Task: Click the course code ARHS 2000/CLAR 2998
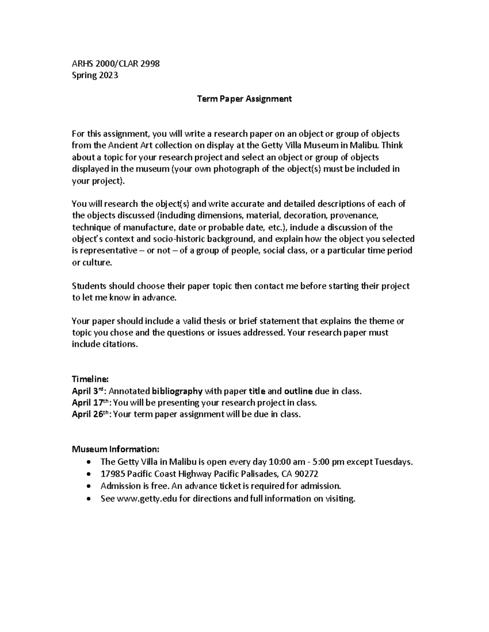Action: click(x=116, y=63)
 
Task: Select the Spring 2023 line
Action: click(x=95, y=75)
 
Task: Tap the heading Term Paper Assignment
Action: click(x=244, y=99)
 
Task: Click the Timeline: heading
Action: click(x=90, y=379)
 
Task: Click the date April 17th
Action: click(x=90, y=403)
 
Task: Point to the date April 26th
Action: click(x=90, y=415)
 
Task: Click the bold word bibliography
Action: click(x=177, y=391)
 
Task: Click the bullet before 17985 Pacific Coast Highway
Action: click(x=89, y=475)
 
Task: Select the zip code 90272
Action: click(x=306, y=474)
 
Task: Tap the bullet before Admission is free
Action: click(x=89, y=486)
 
